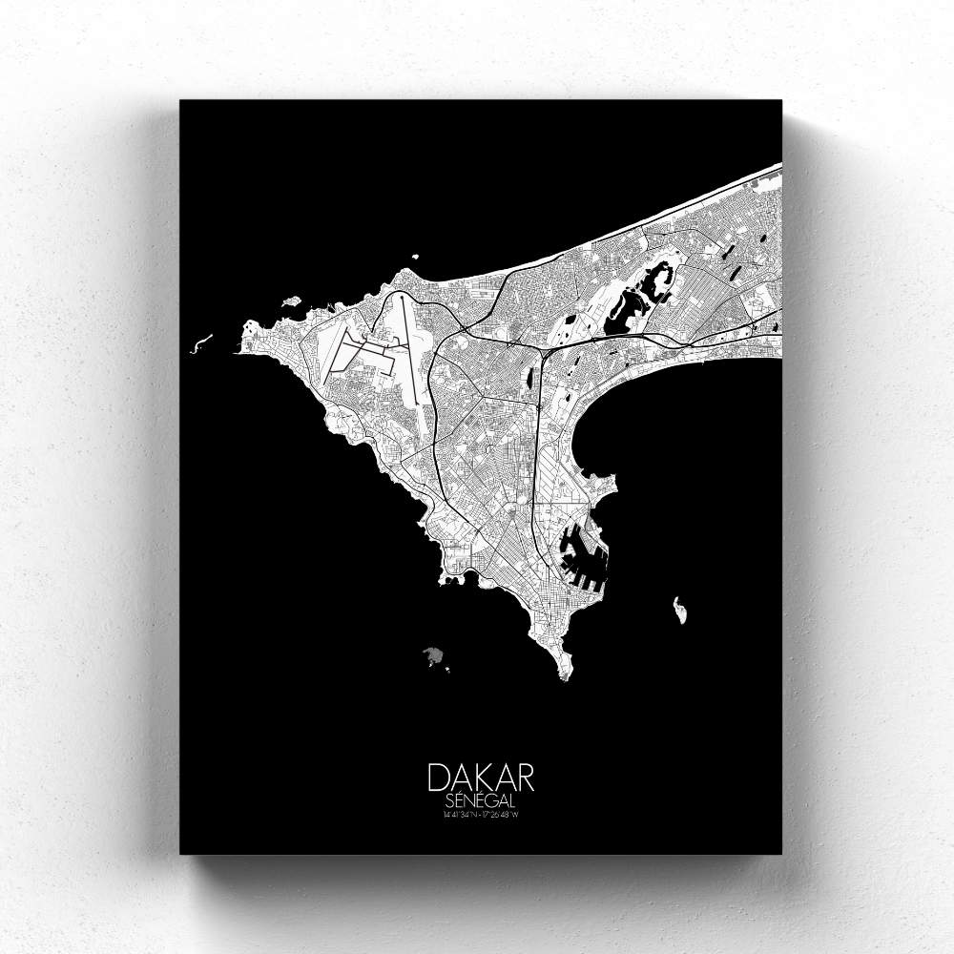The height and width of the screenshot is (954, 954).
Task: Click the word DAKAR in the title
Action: (481, 777)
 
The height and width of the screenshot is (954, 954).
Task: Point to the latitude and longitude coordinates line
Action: (481, 814)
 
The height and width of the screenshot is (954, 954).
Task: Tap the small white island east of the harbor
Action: (680, 610)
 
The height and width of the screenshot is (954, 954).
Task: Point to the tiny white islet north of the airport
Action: (416, 256)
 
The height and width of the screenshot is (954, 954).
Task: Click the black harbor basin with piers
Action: (578, 553)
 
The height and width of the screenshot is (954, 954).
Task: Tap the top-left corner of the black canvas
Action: (181, 100)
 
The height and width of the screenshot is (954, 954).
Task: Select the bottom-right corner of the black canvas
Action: (781, 853)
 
